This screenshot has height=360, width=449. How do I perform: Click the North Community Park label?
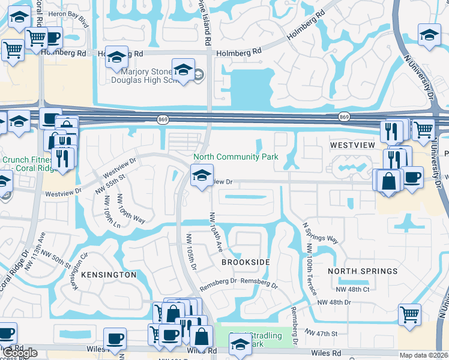coord(235,157)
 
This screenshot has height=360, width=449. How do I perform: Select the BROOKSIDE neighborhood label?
coord(245,263)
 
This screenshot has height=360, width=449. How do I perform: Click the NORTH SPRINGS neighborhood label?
coord(363,271)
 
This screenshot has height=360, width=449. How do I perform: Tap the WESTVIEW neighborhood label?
coord(352,145)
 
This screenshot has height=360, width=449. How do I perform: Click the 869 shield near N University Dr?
coord(343,116)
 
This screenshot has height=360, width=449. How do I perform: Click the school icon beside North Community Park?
coord(202,176)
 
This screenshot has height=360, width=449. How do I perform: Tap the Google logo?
coord(20,353)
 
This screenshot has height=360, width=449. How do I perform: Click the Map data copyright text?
coord(423,355)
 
